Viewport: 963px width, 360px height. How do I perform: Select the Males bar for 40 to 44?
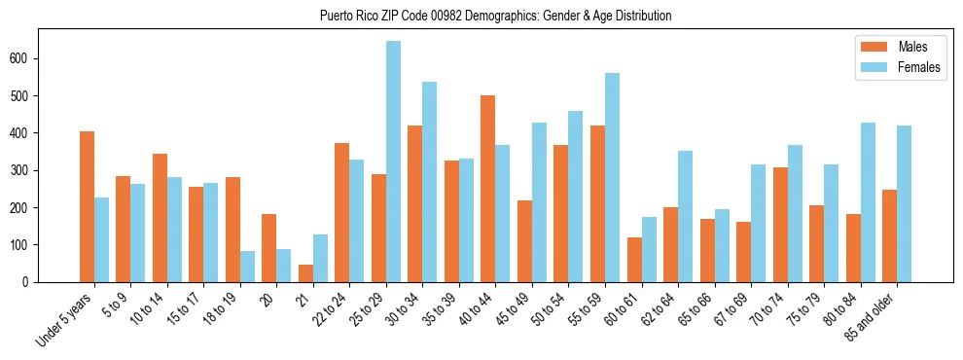tap(488, 189)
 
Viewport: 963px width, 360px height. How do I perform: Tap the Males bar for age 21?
tap(305, 273)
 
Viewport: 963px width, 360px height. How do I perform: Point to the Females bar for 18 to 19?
tap(247, 267)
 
